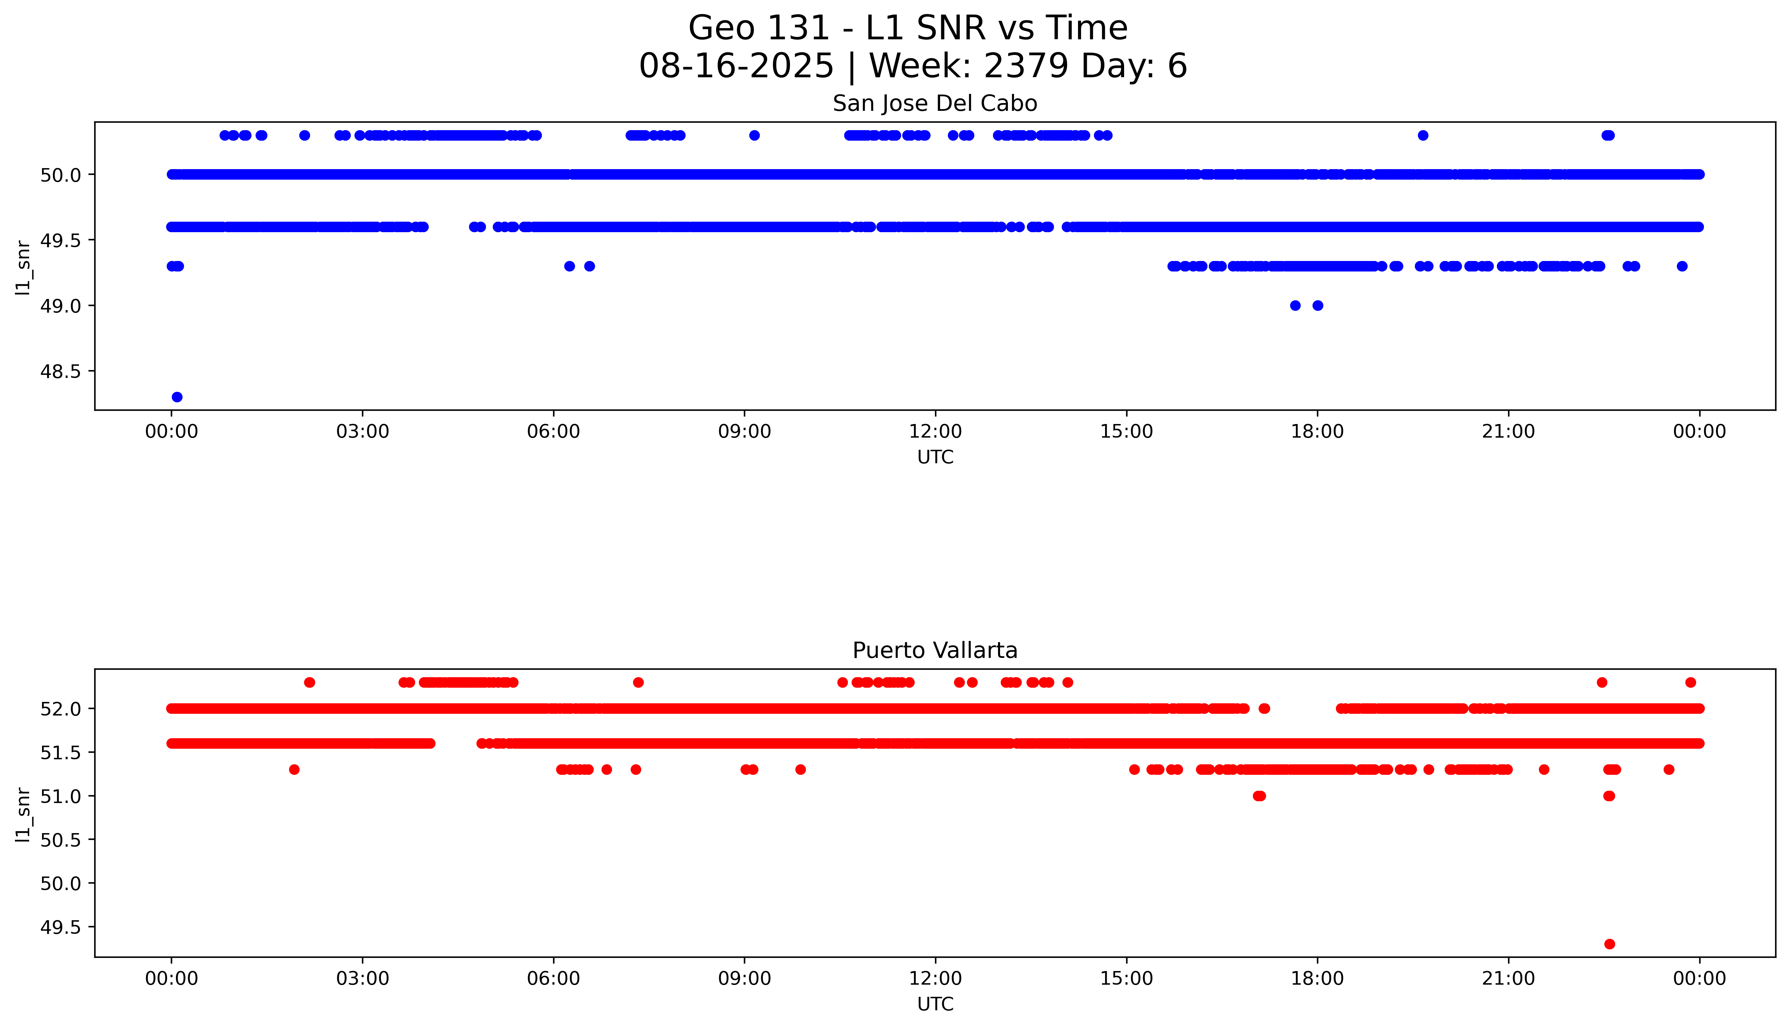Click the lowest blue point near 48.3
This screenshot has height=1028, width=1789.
(x=177, y=397)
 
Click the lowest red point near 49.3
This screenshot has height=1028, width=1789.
(x=1609, y=944)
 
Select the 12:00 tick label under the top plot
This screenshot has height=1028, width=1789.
(x=935, y=431)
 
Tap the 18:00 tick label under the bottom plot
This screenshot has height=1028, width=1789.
(x=1317, y=979)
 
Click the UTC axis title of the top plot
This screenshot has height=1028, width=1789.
(x=935, y=458)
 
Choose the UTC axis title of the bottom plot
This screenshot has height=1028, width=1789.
(x=935, y=1004)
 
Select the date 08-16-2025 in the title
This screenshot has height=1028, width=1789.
(x=736, y=66)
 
